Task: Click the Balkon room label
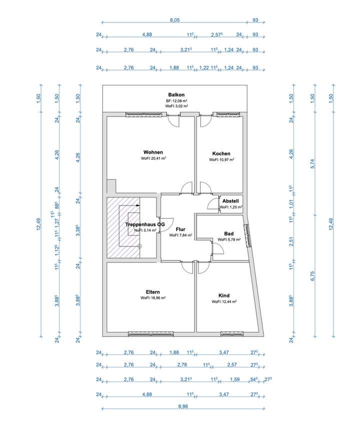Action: [176, 95]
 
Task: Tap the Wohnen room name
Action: [153, 152]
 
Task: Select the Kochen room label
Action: [221, 153]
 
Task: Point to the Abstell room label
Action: [230, 201]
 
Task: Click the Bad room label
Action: [229, 233]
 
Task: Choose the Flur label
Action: [180, 229]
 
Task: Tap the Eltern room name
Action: [153, 292]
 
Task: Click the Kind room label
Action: [224, 295]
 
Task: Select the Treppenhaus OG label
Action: [145, 224]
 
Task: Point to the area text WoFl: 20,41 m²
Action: [153, 158]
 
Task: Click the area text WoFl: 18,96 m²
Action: [153, 297]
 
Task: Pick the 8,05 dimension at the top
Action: [175, 20]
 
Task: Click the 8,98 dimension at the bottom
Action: [183, 406]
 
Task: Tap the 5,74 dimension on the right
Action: [312, 164]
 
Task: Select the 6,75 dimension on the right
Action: [312, 276]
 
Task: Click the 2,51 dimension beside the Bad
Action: [291, 241]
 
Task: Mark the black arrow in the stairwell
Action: [137, 205]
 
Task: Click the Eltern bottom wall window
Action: [151, 334]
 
